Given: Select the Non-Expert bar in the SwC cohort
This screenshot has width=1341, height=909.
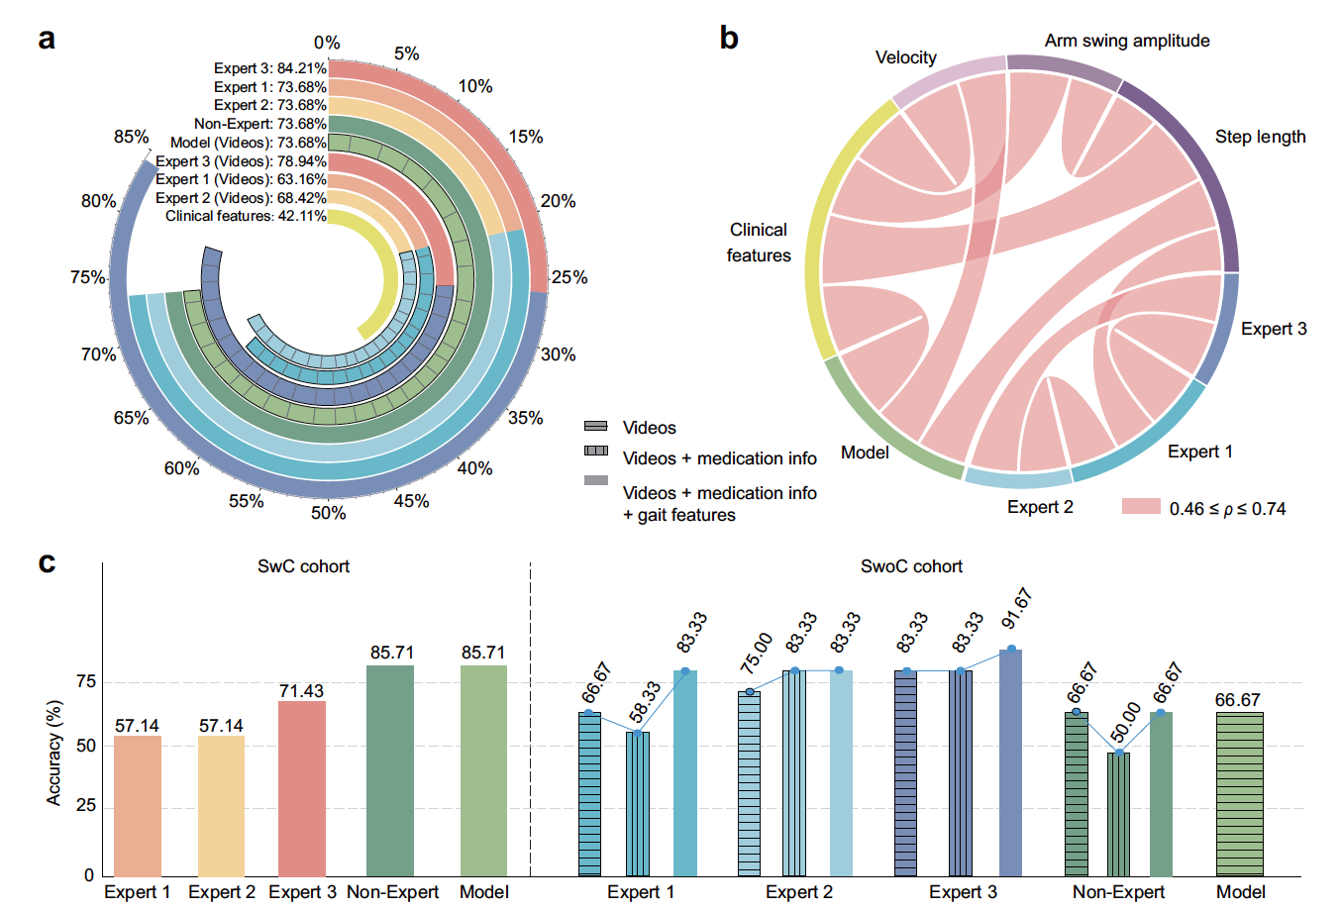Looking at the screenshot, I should point(390,769).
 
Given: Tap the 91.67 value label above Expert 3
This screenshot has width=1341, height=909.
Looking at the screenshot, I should point(1017,609).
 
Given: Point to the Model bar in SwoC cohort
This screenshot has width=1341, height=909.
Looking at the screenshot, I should point(1239,793).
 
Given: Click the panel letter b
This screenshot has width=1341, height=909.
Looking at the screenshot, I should point(729,38).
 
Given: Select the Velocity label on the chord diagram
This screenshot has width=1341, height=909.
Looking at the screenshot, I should point(905,57).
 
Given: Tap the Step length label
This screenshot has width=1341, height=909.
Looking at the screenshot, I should point(1260,137).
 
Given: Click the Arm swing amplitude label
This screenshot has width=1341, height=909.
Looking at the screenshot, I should point(1127,41).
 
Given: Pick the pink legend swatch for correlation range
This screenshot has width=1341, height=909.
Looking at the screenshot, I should point(1141,507).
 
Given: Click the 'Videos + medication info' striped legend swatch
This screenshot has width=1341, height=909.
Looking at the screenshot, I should point(596,451).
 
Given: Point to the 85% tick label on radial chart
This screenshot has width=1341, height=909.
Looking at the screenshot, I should point(132,137).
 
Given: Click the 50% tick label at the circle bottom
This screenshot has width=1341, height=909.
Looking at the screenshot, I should point(329,513).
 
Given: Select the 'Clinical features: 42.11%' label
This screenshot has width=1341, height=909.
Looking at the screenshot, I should point(246,216).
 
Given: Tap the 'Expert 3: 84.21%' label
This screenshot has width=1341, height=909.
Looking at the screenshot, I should point(269,68).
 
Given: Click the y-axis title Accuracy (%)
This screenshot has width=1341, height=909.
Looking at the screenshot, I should point(54,752).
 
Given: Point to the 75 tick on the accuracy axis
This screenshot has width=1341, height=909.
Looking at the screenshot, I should point(86,681).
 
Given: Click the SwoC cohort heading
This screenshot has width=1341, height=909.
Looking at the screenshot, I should point(911,566).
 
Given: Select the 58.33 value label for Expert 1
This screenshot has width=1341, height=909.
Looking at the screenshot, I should point(644,702).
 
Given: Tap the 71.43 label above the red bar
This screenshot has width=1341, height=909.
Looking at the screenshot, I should point(301,691).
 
